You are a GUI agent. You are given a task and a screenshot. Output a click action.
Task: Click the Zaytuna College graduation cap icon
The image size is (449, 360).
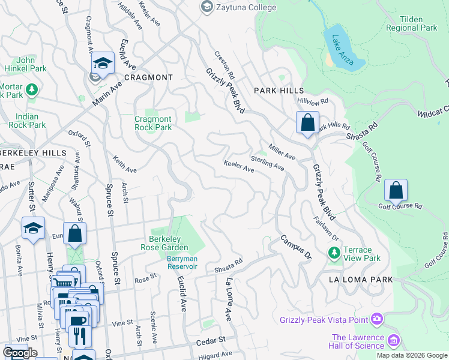point(208,7)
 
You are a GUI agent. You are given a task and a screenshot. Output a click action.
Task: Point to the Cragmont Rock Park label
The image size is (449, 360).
point(153,123)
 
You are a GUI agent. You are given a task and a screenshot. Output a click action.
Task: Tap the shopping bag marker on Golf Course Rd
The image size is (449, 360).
point(396,190)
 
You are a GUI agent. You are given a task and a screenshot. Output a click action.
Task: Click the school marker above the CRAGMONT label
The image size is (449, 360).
point(103,62)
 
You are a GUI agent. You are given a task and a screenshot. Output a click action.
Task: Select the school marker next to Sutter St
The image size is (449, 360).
point(32,227)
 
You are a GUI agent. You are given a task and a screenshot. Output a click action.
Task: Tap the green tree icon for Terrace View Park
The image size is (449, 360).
point(334,253)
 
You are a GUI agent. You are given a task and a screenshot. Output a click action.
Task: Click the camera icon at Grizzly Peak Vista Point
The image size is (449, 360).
point(376,319)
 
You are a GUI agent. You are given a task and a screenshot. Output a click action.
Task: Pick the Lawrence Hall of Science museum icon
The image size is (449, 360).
point(393,341)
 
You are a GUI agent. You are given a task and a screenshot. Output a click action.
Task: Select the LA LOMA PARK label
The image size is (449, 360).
point(360,280)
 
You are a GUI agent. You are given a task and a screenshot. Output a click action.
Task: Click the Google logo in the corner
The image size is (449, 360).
point(19,352)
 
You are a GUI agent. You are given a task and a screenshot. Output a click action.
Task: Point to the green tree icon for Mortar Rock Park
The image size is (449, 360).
point(31,90)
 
